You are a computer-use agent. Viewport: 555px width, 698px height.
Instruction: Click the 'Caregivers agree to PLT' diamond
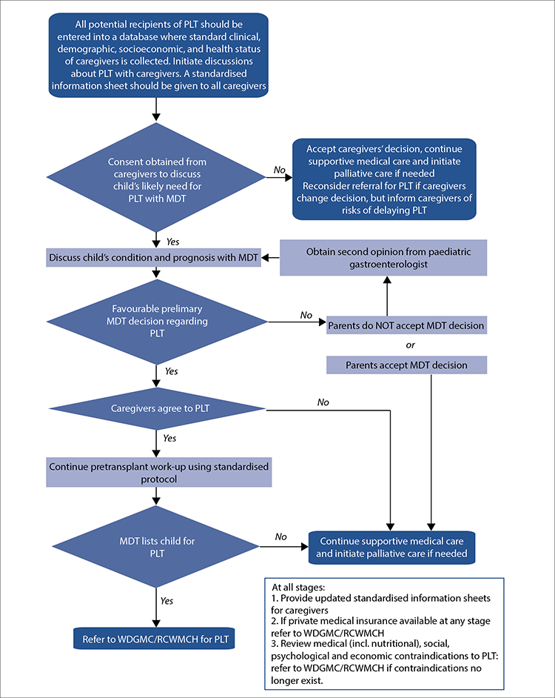(x=157, y=408)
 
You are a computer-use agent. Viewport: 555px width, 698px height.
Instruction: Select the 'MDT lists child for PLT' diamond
(x=156, y=547)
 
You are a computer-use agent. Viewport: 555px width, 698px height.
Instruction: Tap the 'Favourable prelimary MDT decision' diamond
(x=157, y=321)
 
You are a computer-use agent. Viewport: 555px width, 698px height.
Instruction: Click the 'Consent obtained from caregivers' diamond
(x=156, y=178)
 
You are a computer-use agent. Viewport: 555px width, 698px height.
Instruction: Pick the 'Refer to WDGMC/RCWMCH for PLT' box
(x=154, y=639)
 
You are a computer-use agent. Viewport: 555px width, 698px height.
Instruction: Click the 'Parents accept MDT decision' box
(x=406, y=365)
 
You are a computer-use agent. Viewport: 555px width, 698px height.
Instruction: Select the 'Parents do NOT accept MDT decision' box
(x=406, y=325)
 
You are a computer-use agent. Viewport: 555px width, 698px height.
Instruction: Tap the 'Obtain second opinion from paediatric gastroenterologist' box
(x=383, y=258)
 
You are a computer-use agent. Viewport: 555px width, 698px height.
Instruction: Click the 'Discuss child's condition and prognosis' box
(x=153, y=258)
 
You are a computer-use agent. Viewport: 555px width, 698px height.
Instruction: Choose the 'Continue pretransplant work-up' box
(x=159, y=473)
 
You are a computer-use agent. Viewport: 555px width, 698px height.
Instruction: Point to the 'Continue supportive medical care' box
(x=391, y=548)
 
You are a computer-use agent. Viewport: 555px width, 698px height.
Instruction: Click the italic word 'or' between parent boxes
(x=410, y=345)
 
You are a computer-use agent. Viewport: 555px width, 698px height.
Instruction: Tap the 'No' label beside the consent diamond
(x=279, y=170)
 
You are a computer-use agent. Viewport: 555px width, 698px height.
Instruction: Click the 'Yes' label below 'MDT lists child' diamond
(x=166, y=601)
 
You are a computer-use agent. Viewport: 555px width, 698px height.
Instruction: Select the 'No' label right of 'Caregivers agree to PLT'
(x=323, y=402)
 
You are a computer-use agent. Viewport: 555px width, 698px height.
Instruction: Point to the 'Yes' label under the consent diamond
(x=172, y=242)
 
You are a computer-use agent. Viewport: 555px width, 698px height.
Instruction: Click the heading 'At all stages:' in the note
(x=298, y=587)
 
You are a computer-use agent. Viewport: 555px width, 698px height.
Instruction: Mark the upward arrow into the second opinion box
(x=387, y=296)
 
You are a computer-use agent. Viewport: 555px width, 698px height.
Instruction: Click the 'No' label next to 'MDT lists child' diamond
(x=280, y=537)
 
